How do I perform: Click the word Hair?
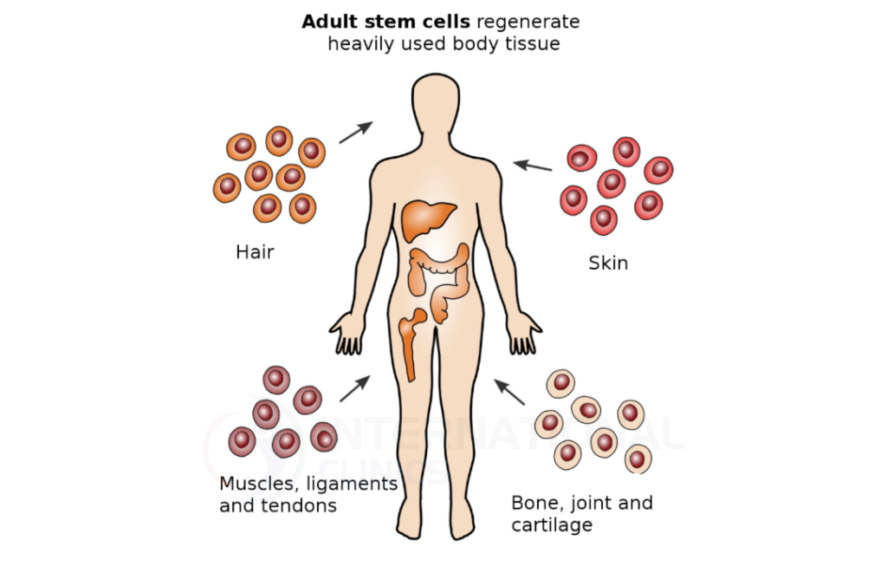[255, 252]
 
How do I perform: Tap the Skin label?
[608, 263]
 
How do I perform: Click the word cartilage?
[552, 524]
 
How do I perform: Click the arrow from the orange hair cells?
[355, 132]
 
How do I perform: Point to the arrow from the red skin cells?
[533, 165]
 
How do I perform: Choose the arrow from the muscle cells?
[355, 388]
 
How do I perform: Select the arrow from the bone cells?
[509, 392]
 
